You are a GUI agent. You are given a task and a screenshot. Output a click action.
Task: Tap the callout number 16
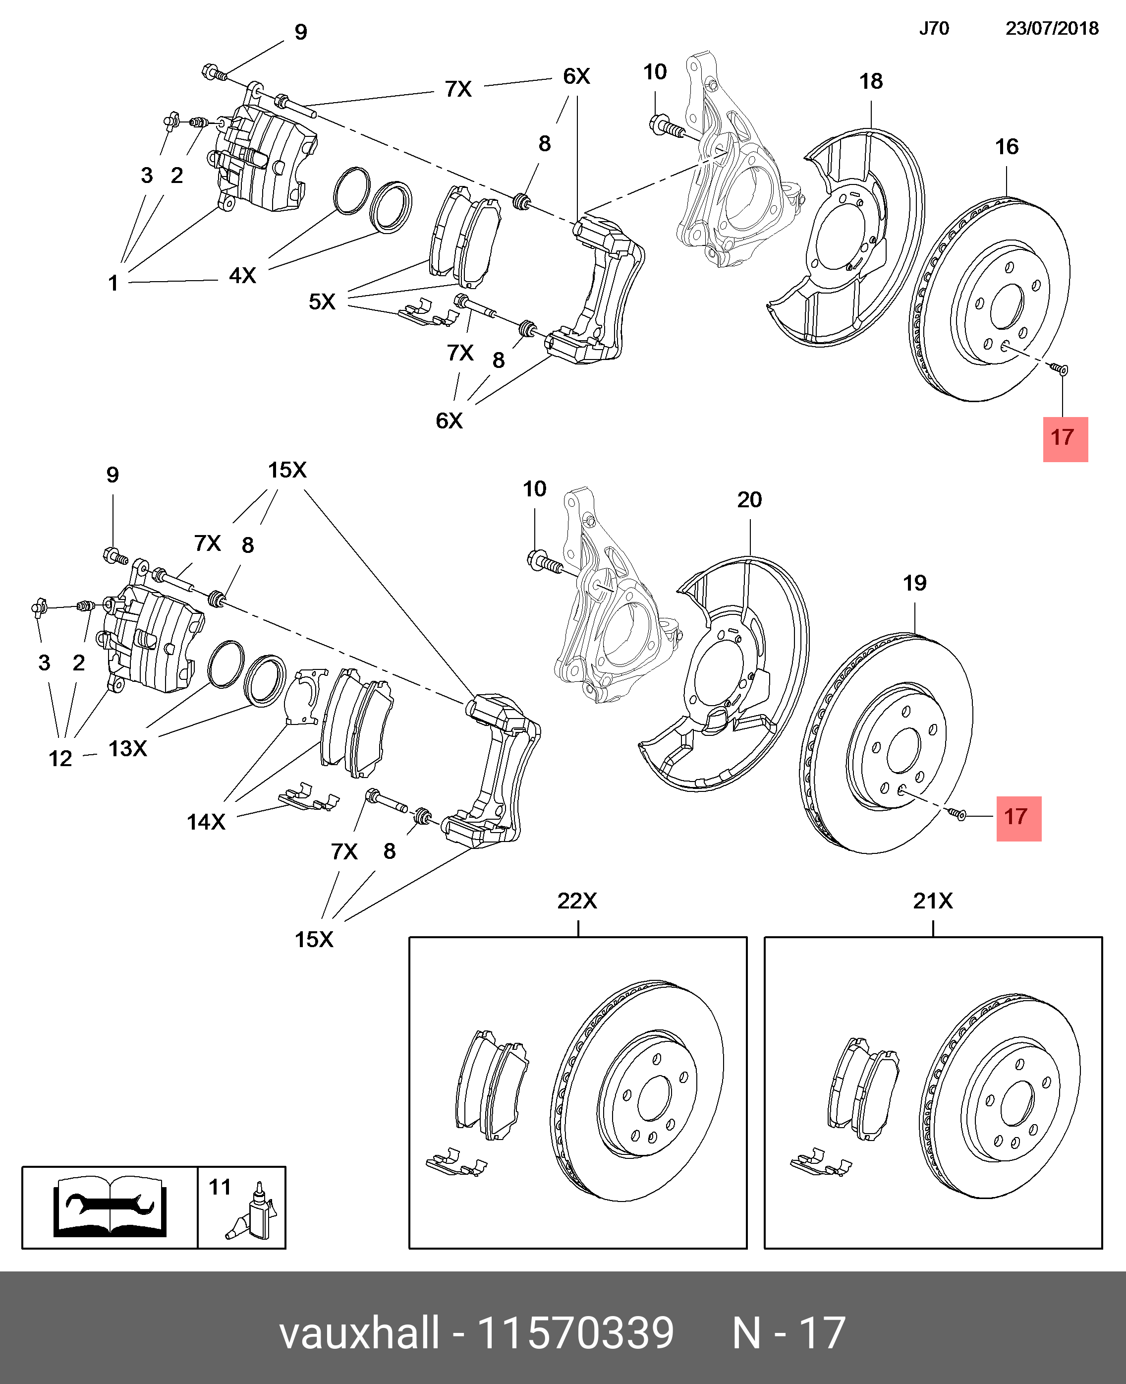tap(1007, 147)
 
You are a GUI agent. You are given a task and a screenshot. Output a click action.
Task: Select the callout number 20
tap(749, 500)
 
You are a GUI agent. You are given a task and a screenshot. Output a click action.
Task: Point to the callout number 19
tap(914, 583)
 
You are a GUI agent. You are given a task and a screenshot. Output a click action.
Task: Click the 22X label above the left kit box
tap(577, 901)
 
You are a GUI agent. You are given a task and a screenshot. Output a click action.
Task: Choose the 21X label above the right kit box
tap(933, 901)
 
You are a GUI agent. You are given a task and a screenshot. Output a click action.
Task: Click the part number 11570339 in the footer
tap(575, 1334)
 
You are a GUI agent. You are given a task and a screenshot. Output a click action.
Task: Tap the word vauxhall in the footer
tap(359, 1334)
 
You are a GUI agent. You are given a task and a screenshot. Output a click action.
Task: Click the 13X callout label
tap(128, 749)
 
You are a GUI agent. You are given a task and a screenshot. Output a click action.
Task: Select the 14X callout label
tap(206, 822)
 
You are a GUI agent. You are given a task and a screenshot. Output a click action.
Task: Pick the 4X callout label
tap(242, 276)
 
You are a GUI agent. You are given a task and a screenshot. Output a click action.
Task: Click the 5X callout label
tap(322, 301)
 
